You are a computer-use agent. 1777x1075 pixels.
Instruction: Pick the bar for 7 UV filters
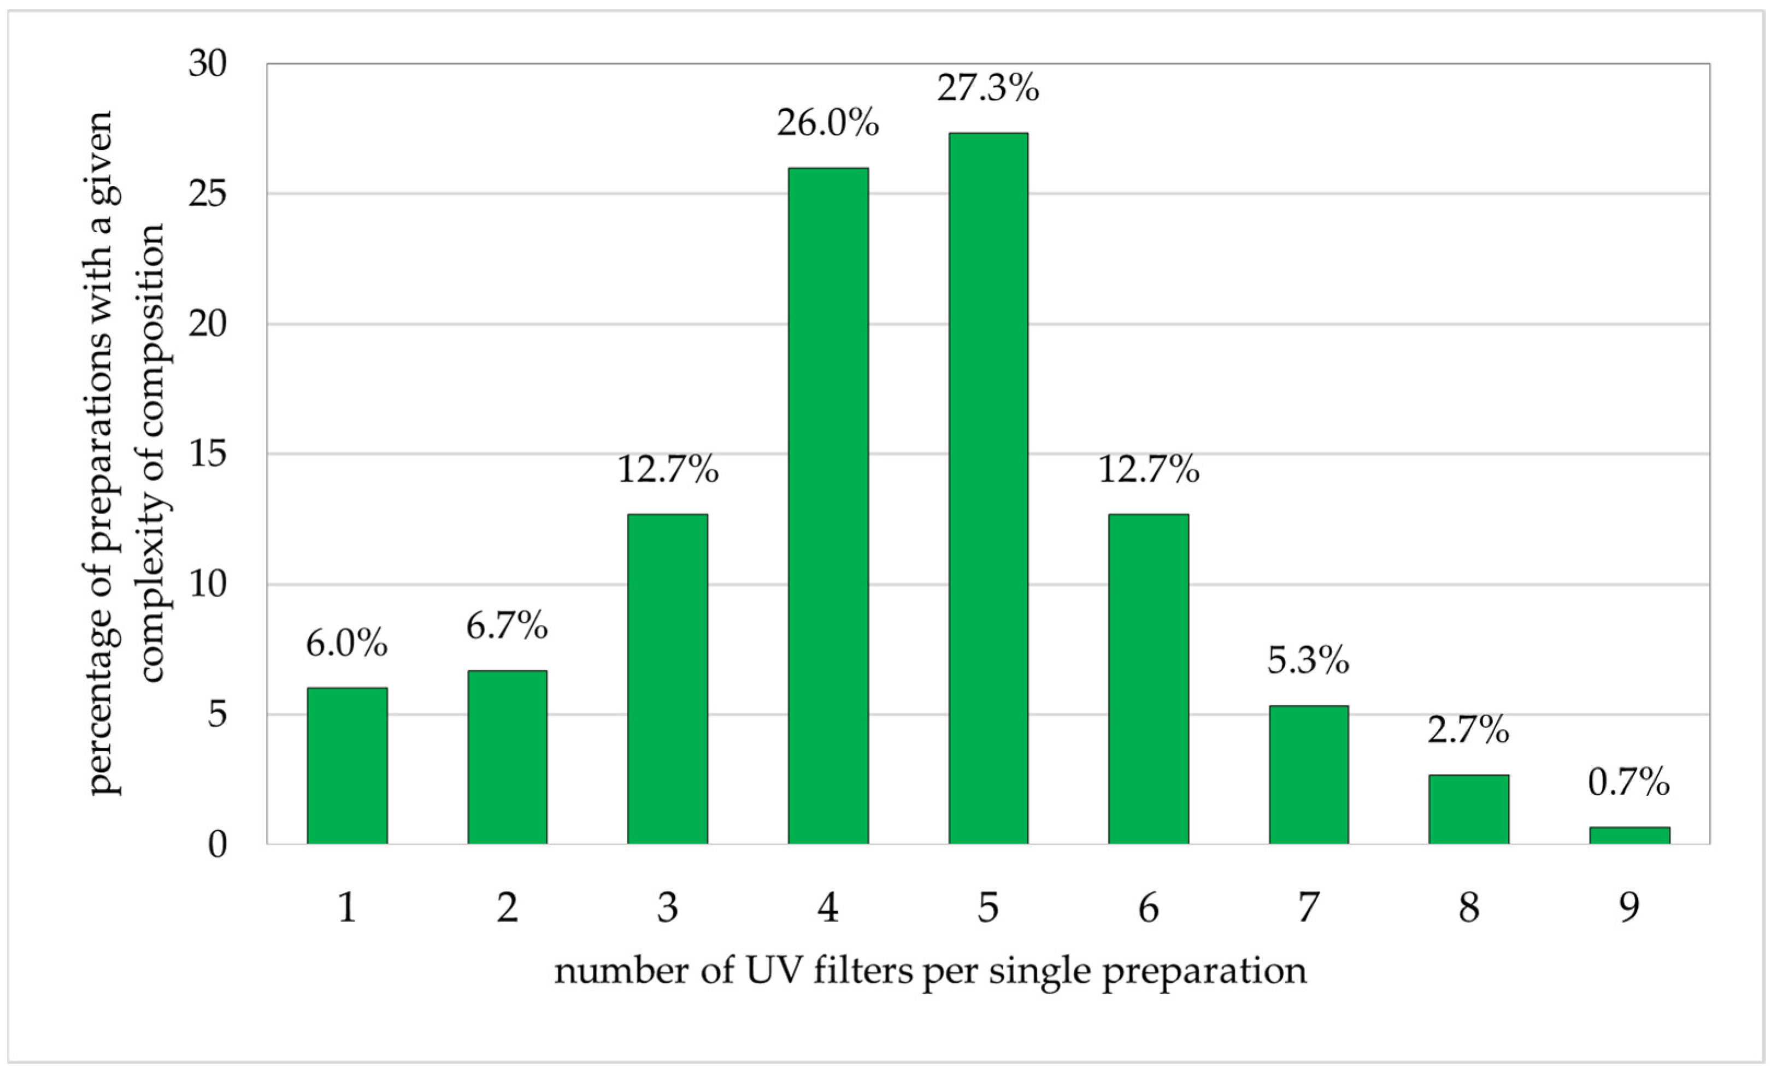pos(1308,775)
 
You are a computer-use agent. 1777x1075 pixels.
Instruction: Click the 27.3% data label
pos(988,88)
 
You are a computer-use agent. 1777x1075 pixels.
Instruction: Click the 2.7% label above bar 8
pos(1468,731)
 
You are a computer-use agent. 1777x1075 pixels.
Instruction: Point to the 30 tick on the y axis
pos(208,63)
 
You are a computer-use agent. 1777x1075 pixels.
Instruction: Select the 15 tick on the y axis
pos(208,454)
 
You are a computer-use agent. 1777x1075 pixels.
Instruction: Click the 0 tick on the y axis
pos(217,844)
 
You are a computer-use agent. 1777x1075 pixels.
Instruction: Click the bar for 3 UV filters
pos(668,678)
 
